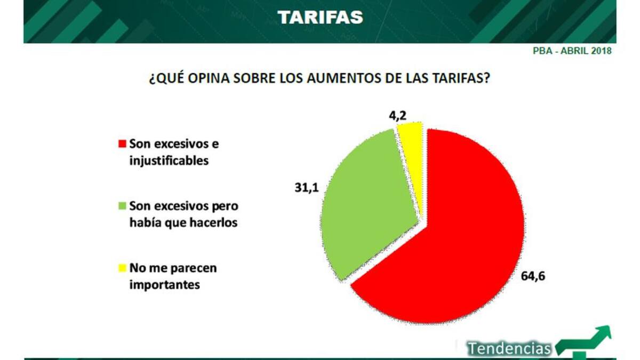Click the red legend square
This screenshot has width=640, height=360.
coord(122,144)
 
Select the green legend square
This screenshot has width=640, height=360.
coord(122,206)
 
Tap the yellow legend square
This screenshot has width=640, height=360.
coord(122,268)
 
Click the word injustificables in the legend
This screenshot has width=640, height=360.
coord(169,160)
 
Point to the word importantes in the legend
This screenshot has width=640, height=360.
coord(164,285)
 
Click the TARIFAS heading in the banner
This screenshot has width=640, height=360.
coord(320,17)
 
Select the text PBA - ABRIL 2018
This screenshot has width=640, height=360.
coord(572,52)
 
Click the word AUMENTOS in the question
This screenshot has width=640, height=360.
coord(336,79)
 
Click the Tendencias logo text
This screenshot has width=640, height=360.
coord(509,348)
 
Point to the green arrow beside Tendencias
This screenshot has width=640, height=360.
coord(587,341)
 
